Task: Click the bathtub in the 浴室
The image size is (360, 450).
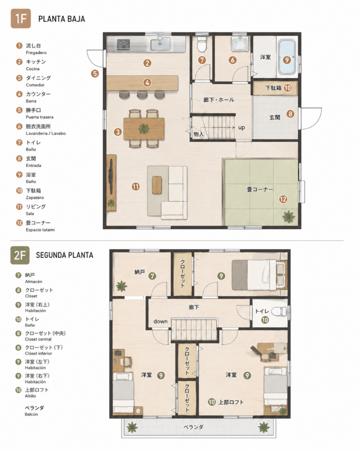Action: [x=287, y=57]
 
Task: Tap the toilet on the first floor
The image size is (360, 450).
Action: [x=202, y=43]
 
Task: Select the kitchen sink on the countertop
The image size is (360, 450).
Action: [x=161, y=44]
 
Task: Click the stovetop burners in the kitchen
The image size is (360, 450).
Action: [x=124, y=44]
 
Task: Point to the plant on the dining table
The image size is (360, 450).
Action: [x=144, y=129]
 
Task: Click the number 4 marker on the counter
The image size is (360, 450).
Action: [x=147, y=83]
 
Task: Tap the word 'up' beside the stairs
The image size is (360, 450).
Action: [x=242, y=127]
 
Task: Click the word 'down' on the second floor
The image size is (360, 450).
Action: [x=160, y=321]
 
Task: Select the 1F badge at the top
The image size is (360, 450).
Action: [x=21, y=18]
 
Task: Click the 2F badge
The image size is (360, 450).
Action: [x=20, y=255]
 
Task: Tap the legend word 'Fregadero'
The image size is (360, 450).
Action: [x=36, y=53]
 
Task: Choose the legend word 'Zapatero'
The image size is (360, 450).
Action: [x=35, y=198]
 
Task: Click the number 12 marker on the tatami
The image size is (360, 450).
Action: [x=283, y=199]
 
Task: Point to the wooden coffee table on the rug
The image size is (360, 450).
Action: [x=157, y=185]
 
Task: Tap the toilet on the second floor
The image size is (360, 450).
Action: [x=279, y=311]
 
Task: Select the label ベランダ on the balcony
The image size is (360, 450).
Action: [x=193, y=427]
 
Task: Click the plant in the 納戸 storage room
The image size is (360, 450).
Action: [x=121, y=286]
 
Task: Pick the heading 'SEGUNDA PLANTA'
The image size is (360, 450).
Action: [x=65, y=255]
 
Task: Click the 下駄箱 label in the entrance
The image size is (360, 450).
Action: [x=273, y=88]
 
